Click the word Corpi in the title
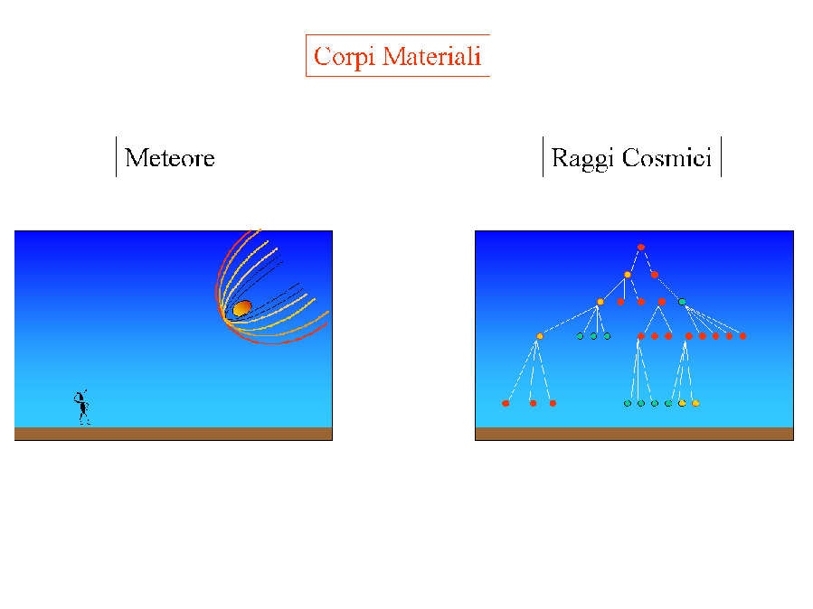pyautogui.click(x=344, y=57)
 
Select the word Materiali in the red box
pyautogui.click(x=432, y=56)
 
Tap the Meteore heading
pyautogui.click(x=169, y=157)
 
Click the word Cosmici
pyautogui.click(x=666, y=157)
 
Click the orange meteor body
pyautogui.click(x=242, y=308)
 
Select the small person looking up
pyautogui.click(x=82, y=407)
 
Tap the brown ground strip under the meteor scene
pyautogui.click(x=173, y=434)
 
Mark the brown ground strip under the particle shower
pyautogui.click(x=634, y=434)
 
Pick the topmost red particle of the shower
pyautogui.click(x=641, y=247)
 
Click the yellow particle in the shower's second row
pyautogui.click(x=628, y=275)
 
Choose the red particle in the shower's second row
pyautogui.click(x=655, y=275)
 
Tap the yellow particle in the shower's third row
pyautogui.click(x=600, y=302)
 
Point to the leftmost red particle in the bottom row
pyautogui.click(x=506, y=403)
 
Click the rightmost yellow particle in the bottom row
pyautogui.click(x=695, y=403)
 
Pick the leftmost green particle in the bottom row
pyautogui.click(x=628, y=403)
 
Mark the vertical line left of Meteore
pyautogui.click(x=116, y=157)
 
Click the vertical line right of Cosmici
pyautogui.click(x=722, y=157)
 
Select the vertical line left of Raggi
pyautogui.click(x=543, y=157)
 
